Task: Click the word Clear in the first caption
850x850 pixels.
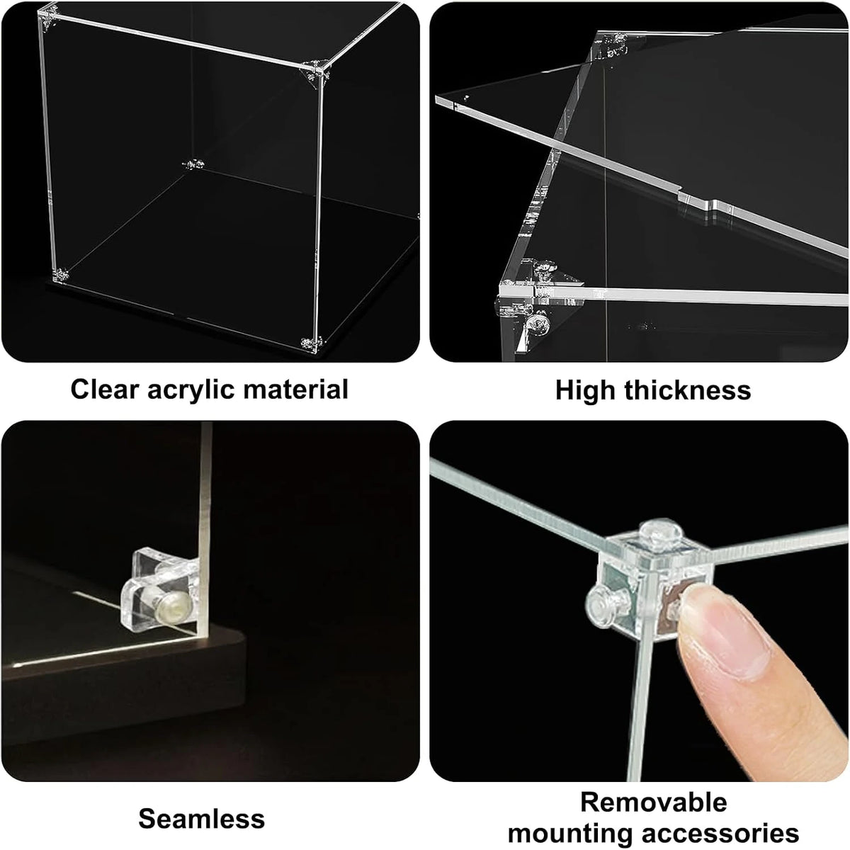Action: tap(105, 390)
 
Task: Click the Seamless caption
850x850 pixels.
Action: tap(202, 807)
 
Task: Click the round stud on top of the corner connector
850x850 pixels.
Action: tap(661, 535)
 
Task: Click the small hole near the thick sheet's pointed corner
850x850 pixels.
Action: tap(467, 96)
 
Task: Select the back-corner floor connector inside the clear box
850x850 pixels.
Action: tap(193, 165)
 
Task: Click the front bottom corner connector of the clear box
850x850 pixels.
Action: tap(312, 343)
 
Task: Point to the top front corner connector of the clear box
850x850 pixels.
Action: tap(315, 72)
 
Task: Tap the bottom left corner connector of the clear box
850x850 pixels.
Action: tap(60, 276)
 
